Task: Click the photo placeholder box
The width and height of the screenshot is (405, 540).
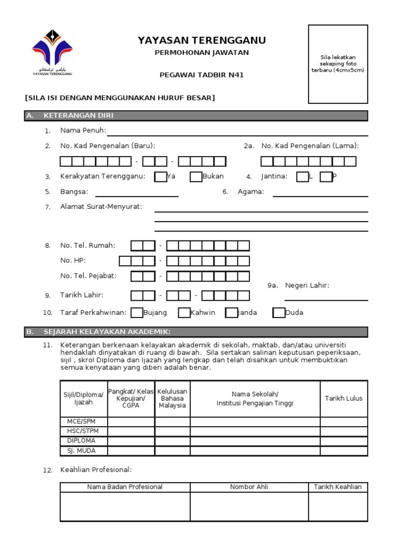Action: pos(338,64)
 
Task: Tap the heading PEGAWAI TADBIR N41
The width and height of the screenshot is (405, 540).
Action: pos(201,75)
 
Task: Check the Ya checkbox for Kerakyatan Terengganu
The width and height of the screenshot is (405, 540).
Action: pos(160,177)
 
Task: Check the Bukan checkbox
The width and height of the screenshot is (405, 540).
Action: pos(196,177)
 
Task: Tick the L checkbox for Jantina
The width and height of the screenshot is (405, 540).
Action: pos(302,177)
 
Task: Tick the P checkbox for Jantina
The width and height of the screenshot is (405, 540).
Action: pos(326,177)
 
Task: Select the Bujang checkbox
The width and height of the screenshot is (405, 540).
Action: pos(137,313)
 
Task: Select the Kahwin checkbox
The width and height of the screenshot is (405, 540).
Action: pos(184,313)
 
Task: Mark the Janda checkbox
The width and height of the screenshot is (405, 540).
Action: pos(232,313)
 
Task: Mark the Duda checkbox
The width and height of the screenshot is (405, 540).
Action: pos(279,313)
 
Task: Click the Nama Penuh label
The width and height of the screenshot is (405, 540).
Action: pos(83,130)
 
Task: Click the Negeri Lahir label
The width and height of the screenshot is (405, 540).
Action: pos(307,285)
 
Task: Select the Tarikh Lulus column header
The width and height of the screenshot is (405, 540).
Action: pos(343,399)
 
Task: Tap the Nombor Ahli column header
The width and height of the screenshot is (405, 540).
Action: pos(249,487)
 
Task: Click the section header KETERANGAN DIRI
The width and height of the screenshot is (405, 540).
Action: pos(78,115)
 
